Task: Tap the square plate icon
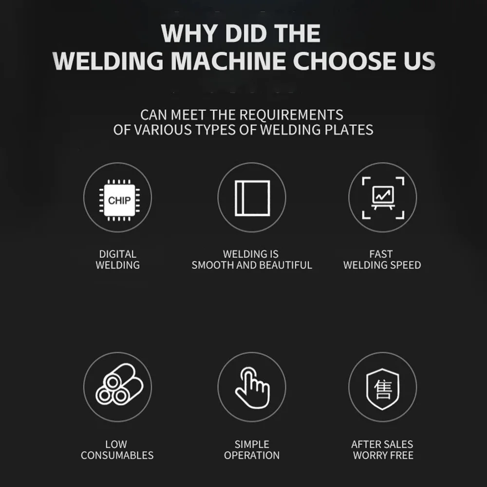(x=252, y=197)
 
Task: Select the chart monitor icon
(x=383, y=197)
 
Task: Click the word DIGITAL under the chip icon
(x=117, y=254)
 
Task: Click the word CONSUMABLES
(x=117, y=456)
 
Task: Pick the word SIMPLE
(x=252, y=444)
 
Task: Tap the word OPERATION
(x=252, y=456)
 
